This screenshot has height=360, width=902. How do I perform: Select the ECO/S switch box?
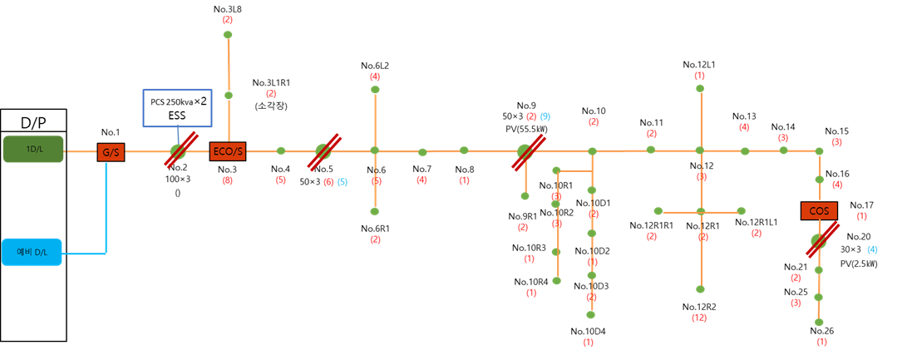coord(228,151)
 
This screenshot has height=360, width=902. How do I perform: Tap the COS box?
coord(819,210)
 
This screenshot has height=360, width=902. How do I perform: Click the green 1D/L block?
coord(33,149)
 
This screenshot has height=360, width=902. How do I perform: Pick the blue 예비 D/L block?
coord(32,252)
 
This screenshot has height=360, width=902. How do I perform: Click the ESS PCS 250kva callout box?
coord(178,107)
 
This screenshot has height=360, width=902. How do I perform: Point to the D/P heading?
coord(33,122)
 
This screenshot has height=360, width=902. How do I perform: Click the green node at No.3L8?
coord(228,35)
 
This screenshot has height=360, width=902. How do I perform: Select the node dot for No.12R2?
coord(700,288)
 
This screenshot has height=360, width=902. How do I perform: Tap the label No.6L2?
coord(375,66)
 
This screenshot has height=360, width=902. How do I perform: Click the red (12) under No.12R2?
coord(699,318)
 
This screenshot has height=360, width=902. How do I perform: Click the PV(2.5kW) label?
coord(859,264)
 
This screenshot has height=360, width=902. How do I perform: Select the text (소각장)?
coord(271,106)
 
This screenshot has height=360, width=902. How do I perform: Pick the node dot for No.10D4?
coord(591,314)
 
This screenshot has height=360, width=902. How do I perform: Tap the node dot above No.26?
coord(818,323)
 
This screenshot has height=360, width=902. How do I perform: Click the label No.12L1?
coord(699,64)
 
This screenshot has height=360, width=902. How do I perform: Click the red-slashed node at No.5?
coord(323,152)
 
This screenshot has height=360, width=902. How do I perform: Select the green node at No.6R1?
coord(375,211)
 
